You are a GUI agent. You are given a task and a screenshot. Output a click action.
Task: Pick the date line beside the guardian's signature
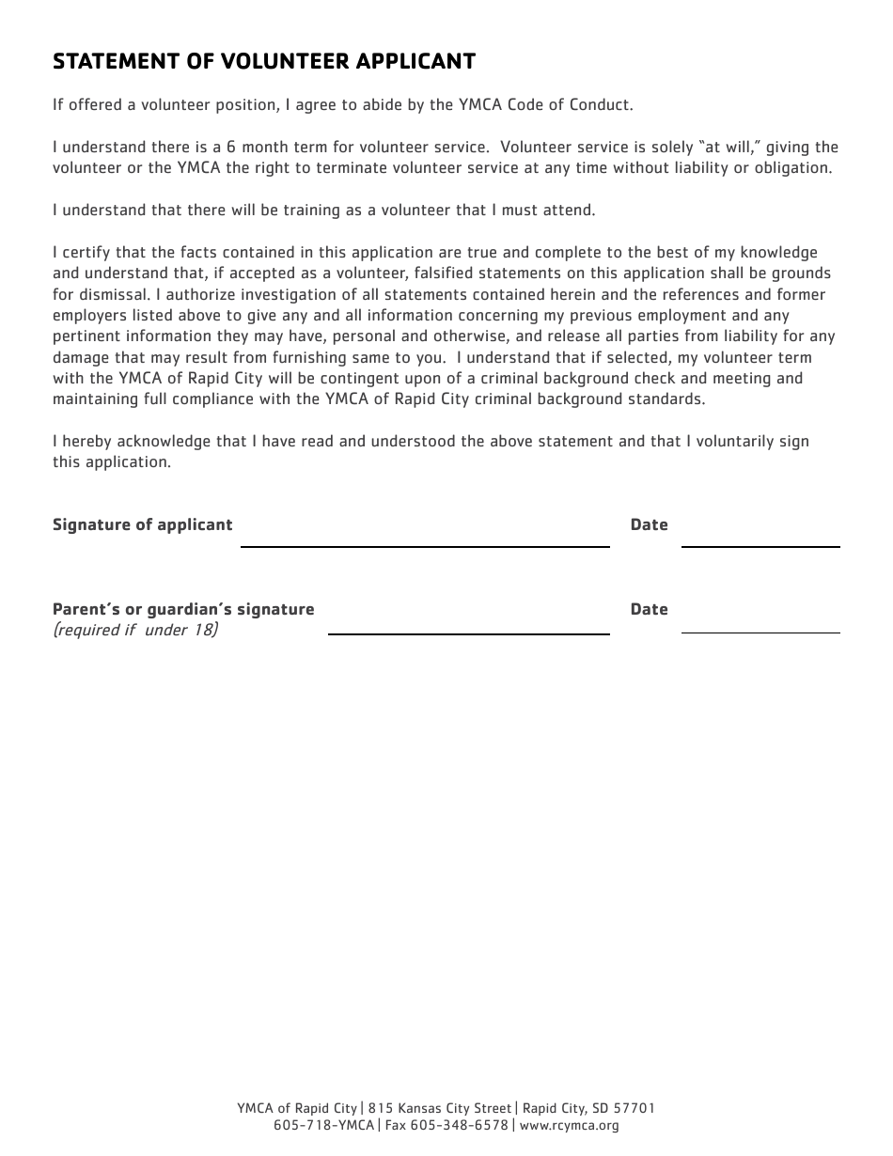pyautogui.click(x=760, y=626)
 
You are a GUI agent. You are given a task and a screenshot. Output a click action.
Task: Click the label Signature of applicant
pyautogui.click(x=142, y=524)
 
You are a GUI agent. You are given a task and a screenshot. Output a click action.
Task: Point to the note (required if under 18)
pyautogui.click(x=135, y=630)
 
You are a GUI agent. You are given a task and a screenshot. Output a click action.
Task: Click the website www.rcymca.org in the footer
pyautogui.click(x=569, y=1125)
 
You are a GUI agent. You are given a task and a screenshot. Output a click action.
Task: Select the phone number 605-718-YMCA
pyautogui.click(x=323, y=1125)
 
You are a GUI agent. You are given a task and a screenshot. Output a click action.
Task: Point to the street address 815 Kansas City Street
pyautogui.click(x=440, y=1109)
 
